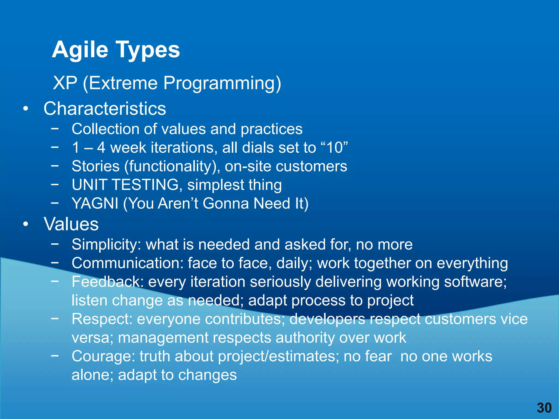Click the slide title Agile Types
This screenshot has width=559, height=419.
(116, 50)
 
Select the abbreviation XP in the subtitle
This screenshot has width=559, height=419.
(65, 83)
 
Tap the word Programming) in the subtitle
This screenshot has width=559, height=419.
(222, 83)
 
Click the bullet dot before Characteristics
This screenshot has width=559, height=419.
(26, 109)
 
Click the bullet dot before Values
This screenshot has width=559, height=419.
(26, 224)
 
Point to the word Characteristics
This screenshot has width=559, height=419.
(105, 109)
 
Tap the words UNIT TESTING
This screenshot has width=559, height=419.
(127, 185)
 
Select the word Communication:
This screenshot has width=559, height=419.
(127, 263)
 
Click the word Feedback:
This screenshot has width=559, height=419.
(108, 282)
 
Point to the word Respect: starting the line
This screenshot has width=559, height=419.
(102, 319)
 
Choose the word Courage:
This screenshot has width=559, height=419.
(103, 356)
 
